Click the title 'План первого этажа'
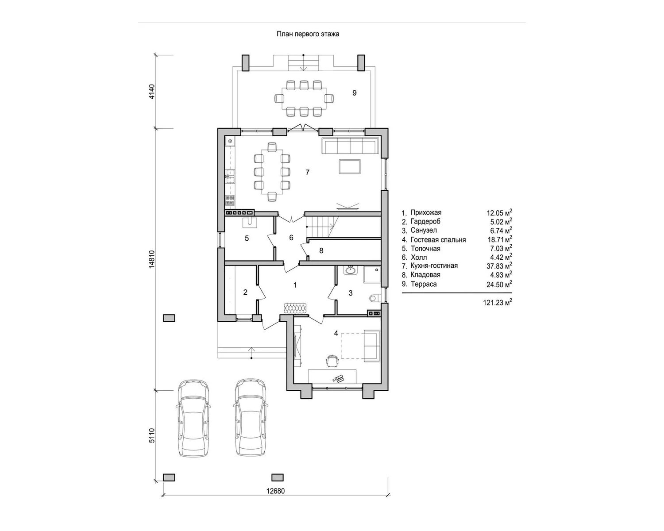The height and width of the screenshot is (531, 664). click(308, 34)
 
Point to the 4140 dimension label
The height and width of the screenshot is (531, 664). click(151, 92)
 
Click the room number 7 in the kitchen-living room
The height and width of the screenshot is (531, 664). click(307, 172)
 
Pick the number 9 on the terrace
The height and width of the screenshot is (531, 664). click(355, 92)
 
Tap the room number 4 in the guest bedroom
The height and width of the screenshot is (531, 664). click(336, 333)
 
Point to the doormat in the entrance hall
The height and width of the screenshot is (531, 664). click(296, 308)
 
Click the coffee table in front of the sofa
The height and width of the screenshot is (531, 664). click(350, 167)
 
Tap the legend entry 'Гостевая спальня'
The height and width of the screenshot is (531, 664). click(438, 240)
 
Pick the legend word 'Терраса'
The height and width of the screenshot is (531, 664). click(424, 284)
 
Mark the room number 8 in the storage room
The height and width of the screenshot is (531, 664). click(321, 251)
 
